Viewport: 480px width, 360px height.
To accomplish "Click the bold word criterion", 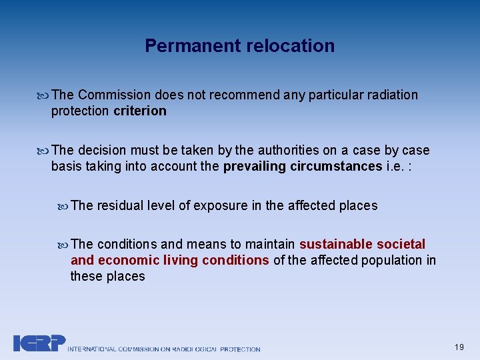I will [140, 111].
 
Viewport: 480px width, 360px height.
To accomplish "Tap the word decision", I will [101, 150].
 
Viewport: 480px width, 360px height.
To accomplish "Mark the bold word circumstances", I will [336, 166].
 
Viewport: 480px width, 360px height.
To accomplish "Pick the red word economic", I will [123, 260].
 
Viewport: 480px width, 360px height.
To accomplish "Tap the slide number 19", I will [459, 347].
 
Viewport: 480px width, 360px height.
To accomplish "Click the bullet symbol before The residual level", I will [63, 206].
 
